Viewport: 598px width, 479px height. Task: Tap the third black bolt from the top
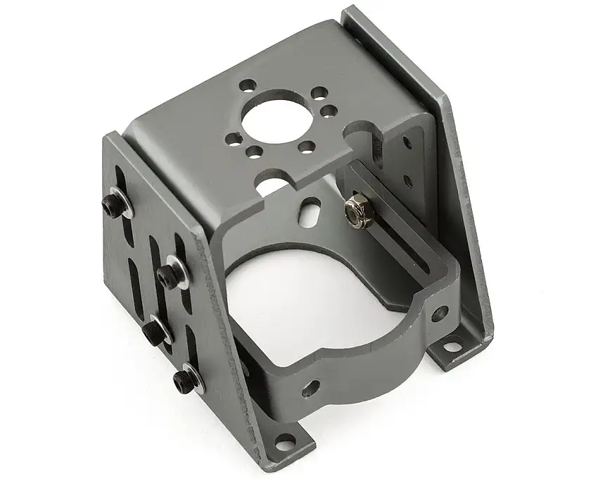(x=153, y=329)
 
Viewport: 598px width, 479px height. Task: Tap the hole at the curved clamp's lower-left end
(x=309, y=387)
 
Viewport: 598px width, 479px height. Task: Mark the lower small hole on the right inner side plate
(x=408, y=181)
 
